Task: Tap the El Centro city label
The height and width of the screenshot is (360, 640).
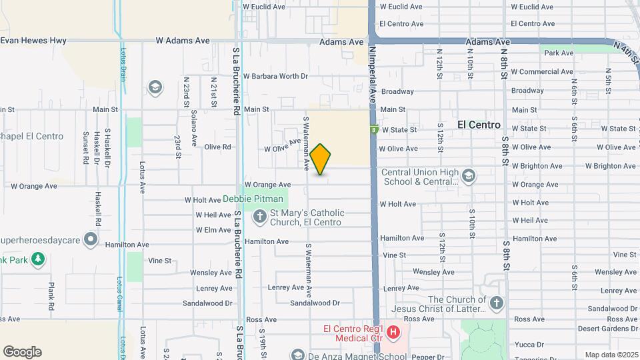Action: tap(479, 125)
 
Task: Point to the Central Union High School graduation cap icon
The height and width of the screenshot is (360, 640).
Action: tap(468, 176)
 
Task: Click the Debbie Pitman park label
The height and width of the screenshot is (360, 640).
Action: tap(247, 198)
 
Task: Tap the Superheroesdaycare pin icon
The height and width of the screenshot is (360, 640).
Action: tap(91, 239)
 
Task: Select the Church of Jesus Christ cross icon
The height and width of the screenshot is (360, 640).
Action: tap(496, 304)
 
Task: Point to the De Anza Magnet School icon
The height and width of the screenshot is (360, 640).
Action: tap(297, 354)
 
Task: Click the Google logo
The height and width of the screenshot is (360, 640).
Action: tap(22, 352)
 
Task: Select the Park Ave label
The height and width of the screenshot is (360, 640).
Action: tap(559, 53)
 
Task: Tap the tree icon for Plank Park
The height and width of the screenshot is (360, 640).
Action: tap(38, 259)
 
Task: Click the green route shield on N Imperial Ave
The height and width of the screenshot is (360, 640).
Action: tap(375, 129)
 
